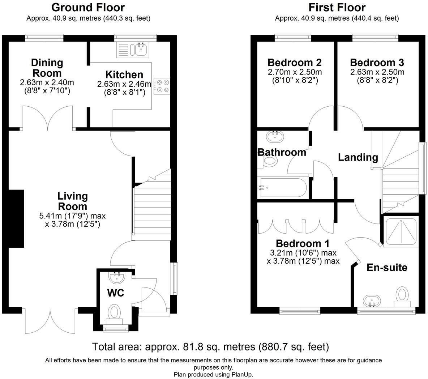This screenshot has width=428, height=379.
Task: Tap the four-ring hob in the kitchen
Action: [x=162, y=86]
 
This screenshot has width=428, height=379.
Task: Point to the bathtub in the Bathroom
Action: [x=283, y=188]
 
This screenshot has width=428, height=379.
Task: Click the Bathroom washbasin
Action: [x=275, y=136]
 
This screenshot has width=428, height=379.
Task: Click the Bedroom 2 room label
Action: [x=295, y=63]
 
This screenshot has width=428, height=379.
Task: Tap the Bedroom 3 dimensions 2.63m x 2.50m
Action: [x=377, y=72]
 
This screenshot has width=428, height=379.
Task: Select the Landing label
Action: [x=358, y=158]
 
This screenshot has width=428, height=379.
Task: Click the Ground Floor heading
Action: [x=88, y=7]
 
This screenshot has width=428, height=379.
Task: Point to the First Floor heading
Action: [x=337, y=7]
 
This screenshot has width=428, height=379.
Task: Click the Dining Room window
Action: [x=44, y=38]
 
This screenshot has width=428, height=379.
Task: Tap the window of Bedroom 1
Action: [x=300, y=310]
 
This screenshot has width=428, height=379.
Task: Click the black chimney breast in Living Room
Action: [x=16, y=219]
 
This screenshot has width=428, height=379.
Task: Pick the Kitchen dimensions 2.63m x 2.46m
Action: [x=124, y=84]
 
